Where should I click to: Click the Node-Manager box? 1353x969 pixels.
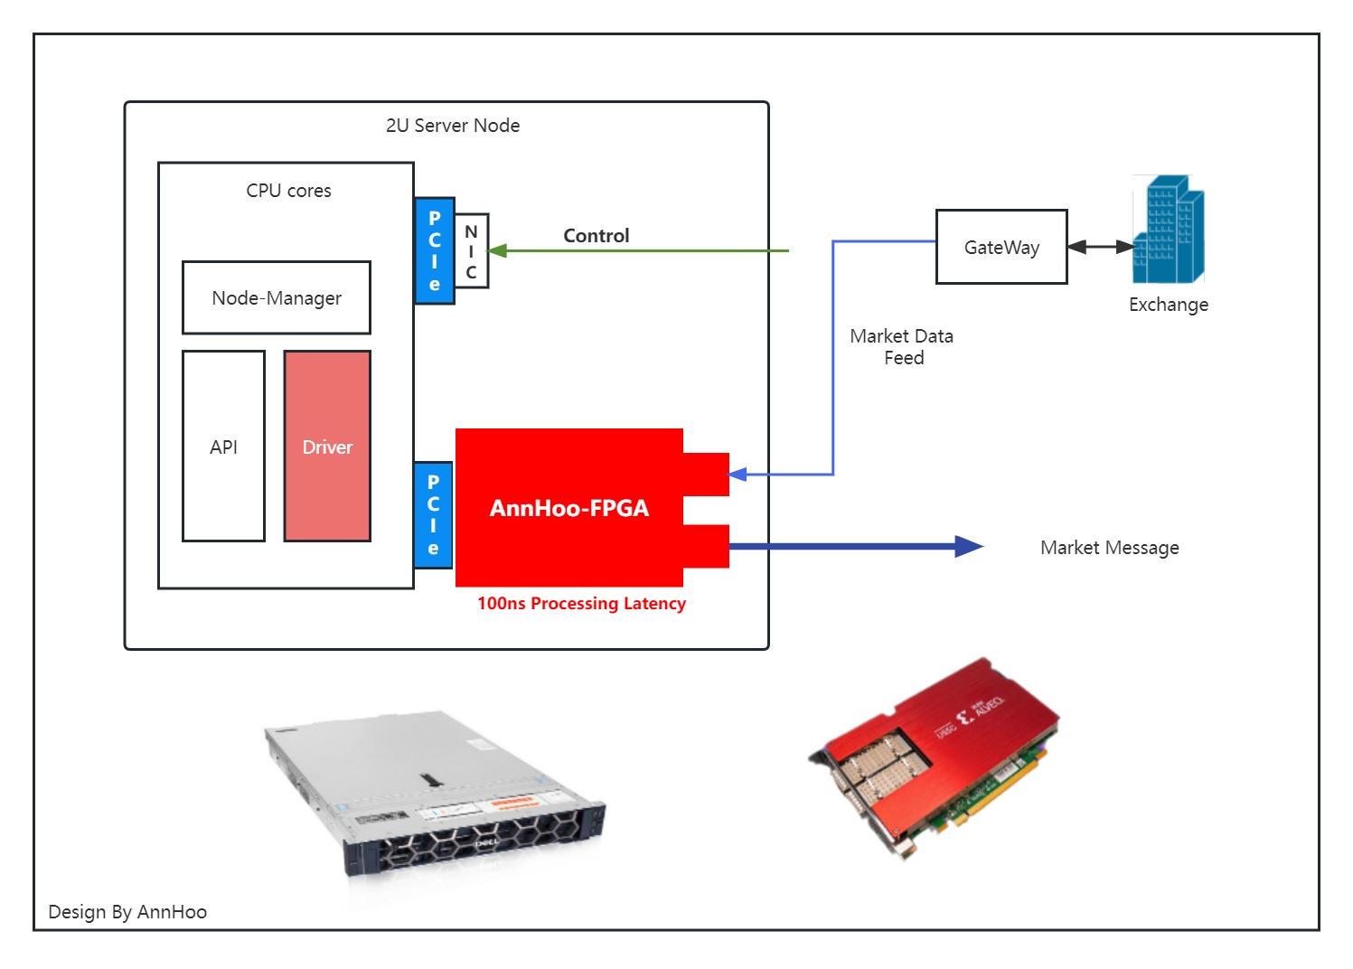(x=276, y=297)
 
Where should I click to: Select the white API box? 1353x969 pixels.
(x=223, y=447)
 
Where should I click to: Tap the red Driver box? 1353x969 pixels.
(x=327, y=447)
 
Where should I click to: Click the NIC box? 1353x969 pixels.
(x=471, y=251)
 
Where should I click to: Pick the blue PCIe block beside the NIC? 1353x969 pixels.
(x=435, y=251)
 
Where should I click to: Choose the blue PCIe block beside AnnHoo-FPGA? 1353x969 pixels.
(x=433, y=515)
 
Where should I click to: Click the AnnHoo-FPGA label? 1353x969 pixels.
(x=568, y=508)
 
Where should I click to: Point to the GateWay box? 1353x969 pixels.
(x=1001, y=247)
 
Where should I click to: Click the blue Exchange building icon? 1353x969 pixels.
(x=1168, y=230)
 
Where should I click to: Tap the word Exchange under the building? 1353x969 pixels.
(x=1168, y=305)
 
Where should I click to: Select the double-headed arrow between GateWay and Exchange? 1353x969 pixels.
(x=1100, y=247)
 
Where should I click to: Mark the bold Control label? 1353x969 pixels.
(x=596, y=236)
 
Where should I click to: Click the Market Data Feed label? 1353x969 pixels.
(x=902, y=347)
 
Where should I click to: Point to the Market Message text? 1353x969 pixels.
(x=1109, y=548)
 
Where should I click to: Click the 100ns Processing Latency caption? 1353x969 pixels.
(x=581, y=604)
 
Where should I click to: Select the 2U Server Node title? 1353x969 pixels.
(x=452, y=126)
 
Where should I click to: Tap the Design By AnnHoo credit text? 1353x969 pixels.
(x=127, y=912)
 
